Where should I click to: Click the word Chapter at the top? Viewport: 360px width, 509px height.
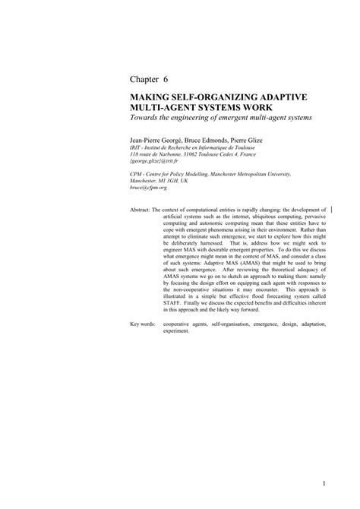144,79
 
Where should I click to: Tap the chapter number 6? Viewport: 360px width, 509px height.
169,79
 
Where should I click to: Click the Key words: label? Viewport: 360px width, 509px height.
144,324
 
